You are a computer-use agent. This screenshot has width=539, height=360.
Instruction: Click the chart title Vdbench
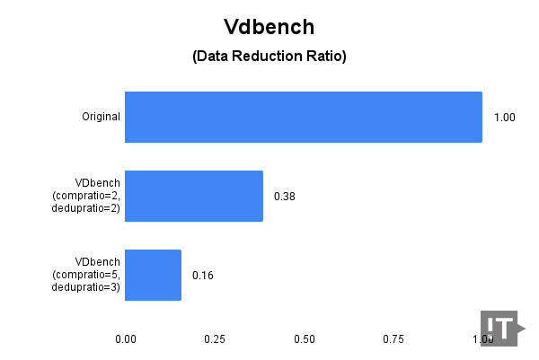pyautogui.click(x=269, y=27)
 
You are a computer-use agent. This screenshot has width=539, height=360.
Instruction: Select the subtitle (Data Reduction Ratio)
pyautogui.click(x=269, y=56)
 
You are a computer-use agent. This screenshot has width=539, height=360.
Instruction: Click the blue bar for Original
pyautogui.click(x=304, y=117)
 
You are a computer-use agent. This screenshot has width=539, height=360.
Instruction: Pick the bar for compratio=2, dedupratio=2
pyautogui.click(x=194, y=196)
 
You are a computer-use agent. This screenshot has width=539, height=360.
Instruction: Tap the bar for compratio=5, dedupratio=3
pyautogui.click(x=153, y=275)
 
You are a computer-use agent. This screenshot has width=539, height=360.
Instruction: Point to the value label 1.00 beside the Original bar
pyautogui.click(x=505, y=118)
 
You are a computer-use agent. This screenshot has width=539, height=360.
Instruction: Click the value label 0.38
pyautogui.click(x=285, y=197)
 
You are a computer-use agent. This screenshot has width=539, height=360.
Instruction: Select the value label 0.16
pyautogui.click(x=203, y=276)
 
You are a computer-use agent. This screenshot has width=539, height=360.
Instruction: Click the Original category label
pyautogui.click(x=101, y=117)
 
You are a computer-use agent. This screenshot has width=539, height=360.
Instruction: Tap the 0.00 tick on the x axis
pyautogui.click(x=126, y=339)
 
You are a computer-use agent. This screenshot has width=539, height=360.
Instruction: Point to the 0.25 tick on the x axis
pyautogui.click(x=215, y=339)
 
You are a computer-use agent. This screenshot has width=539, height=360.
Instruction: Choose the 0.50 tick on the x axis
pyautogui.click(x=305, y=339)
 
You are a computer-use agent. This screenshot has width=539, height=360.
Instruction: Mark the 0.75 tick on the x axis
pyautogui.click(x=393, y=339)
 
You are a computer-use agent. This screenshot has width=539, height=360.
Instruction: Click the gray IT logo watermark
pyautogui.click(x=502, y=329)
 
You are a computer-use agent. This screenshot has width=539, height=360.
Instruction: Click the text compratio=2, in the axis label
pyautogui.click(x=86, y=196)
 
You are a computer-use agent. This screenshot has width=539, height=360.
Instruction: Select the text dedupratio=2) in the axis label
pyautogui.click(x=86, y=208)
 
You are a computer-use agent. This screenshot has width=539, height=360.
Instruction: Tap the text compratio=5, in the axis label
pyautogui.click(x=86, y=275)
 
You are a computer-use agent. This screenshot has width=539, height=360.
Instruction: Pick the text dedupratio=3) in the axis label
pyautogui.click(x=86, y=287)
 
